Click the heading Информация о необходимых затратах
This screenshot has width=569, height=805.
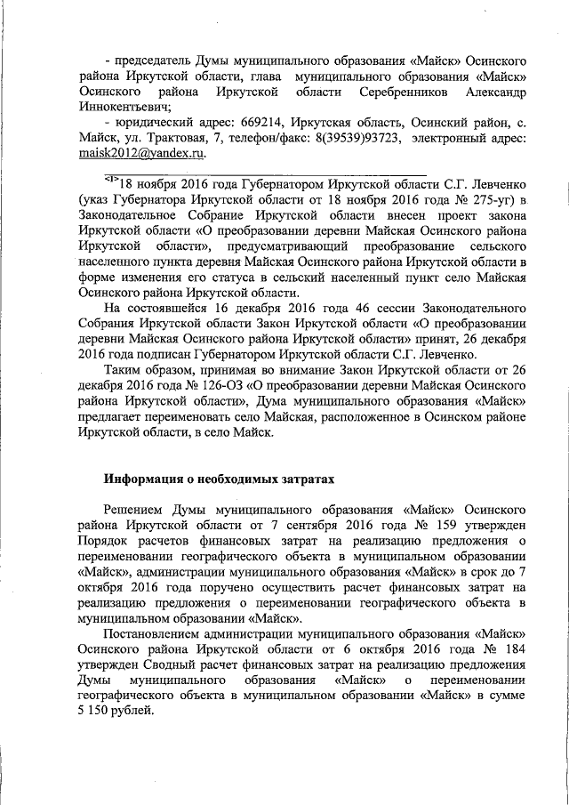(219, 479)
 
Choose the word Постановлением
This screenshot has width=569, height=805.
(160, 634)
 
